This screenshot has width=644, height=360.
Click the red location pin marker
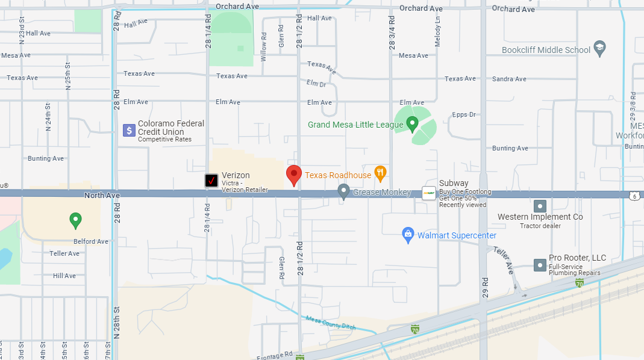coord(293,175)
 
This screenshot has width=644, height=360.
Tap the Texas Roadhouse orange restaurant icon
coord(380,173)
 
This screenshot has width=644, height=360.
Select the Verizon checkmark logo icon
coord(211,180)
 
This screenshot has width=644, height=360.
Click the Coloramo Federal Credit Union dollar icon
coord(129,130)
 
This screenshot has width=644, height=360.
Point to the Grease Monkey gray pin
coord(343,191)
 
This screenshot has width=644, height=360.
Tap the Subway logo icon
coord(429,193)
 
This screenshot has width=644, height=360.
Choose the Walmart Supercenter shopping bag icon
coord(408,234)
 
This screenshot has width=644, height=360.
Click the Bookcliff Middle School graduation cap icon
coord(599,48)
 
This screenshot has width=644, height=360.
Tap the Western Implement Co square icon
coord(540,206)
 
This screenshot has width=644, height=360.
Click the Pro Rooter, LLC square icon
coord(540,265)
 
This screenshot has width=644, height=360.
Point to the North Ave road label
coord(102,195)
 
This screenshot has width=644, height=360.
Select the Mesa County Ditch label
coord(331,323)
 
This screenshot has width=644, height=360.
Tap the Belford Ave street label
coord(91,241)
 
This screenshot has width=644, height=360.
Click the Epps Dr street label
coord(464,114)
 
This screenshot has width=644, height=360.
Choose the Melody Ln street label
coord(438,28)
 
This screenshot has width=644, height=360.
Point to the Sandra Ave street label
coord(509,79)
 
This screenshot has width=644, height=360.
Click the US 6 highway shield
coord(634,195)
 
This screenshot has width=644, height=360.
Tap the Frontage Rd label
coord(275,355)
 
